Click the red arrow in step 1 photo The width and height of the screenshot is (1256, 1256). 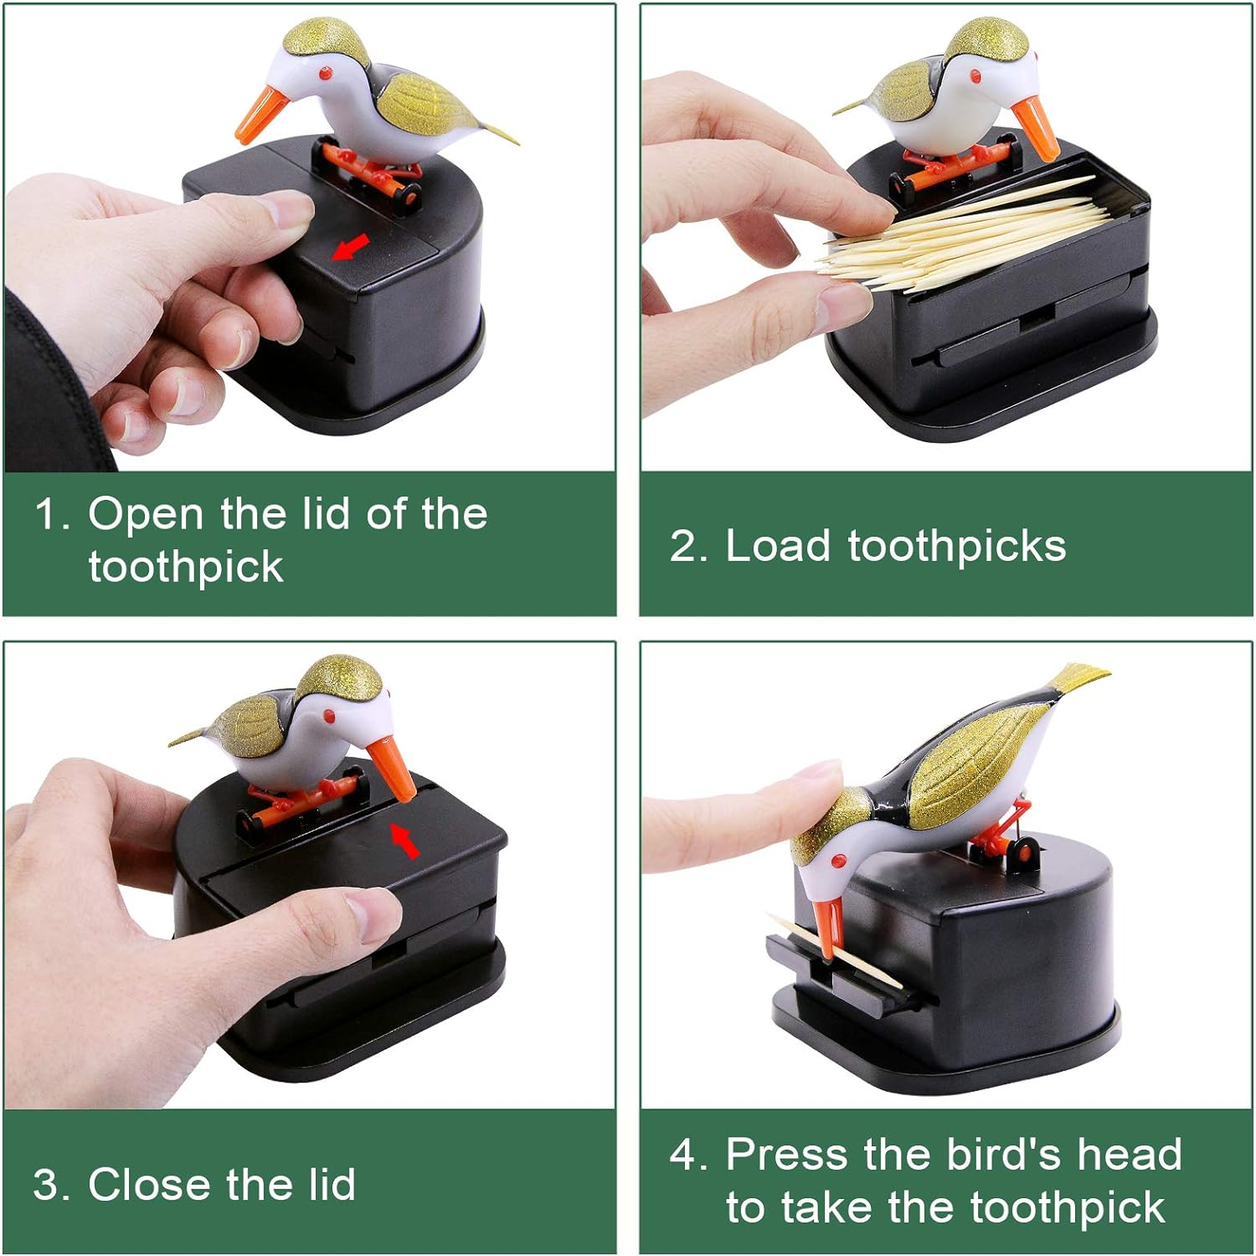tap(350, 246)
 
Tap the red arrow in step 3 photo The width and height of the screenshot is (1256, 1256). tap(405, 840)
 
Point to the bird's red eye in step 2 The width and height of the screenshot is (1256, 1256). tap(976, 76)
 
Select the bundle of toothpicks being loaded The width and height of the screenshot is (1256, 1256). tap(963, 233)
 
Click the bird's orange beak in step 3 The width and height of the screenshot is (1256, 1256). tap(393, 768)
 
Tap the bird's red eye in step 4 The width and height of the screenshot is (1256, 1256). tap(836, 860)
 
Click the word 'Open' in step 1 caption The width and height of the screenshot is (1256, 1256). tap(146, 514)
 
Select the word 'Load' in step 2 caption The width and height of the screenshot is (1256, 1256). tap(778, 546)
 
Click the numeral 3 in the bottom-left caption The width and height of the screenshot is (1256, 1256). tap(45, 1186)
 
